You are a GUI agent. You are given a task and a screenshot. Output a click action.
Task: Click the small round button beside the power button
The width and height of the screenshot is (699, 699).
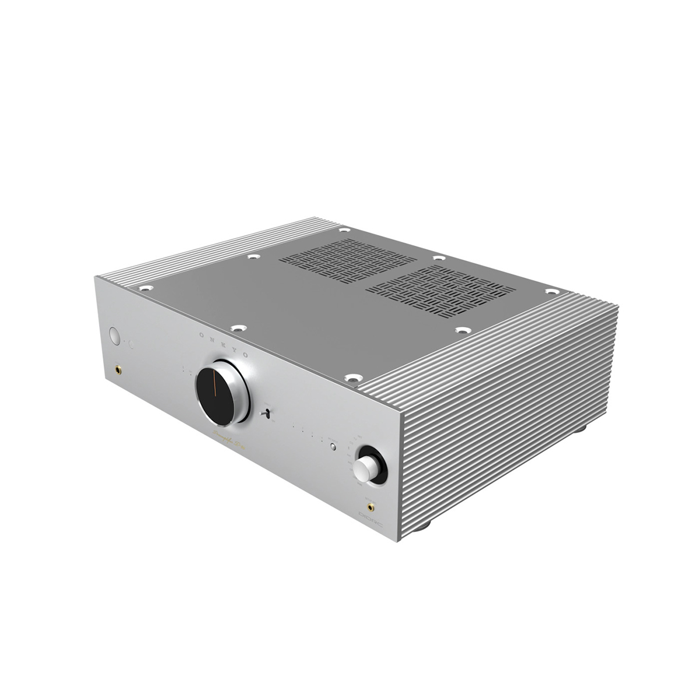click(x=132, y=345)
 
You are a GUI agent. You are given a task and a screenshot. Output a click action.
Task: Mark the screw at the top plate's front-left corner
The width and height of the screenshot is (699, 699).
click(x=144, y=287)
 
